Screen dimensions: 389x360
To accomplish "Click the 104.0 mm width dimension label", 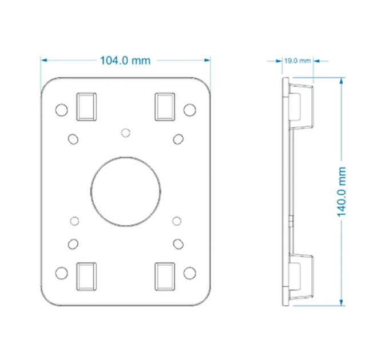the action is point(125,61).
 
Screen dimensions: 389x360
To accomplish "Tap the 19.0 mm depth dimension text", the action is point(297,61).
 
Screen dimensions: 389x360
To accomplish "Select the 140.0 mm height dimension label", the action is point(342,192).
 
